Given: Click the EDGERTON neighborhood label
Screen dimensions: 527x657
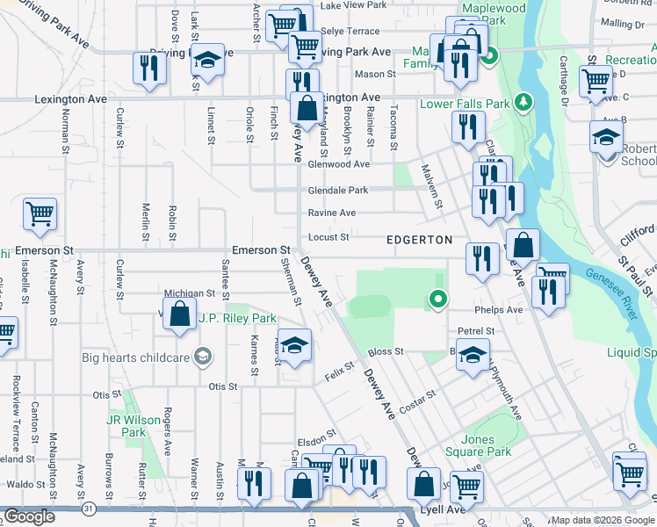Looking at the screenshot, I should [420, 240].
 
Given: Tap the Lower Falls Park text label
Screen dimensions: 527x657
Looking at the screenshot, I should [465, 104].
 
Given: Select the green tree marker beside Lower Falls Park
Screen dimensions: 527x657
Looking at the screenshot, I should [524, 103].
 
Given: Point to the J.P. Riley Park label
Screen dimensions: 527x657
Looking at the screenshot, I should [237, 318].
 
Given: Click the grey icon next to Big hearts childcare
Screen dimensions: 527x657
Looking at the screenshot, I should [204, 356].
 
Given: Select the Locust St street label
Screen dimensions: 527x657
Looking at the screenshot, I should [328, 237].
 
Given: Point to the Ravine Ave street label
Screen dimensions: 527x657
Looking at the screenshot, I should [331, 213].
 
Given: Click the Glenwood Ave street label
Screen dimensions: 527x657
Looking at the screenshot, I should [338, 164].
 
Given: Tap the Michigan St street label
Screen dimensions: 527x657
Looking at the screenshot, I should [190, 293].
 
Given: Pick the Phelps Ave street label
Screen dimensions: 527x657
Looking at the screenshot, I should [498, 310].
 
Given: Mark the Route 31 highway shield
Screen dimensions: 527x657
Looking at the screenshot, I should [89, 509].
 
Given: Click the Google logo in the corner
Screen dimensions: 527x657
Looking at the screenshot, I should [29, 516].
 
